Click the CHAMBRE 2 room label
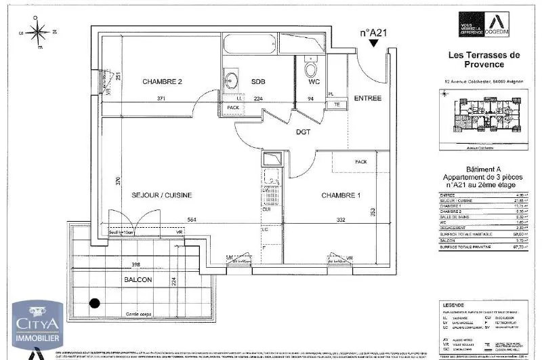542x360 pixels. (x=162, y=81)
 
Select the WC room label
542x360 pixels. (x=314, y=82)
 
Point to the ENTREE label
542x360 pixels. (x=368, y=98)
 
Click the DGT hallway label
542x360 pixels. (x=303, y=132)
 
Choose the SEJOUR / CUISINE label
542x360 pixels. (x=162, y=195)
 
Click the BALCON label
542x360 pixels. (x=138, y=279)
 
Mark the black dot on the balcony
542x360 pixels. (x=95, y=304)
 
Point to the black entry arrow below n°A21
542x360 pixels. (x=373, y=43)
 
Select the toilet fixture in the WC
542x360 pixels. (x=311, y=68)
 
